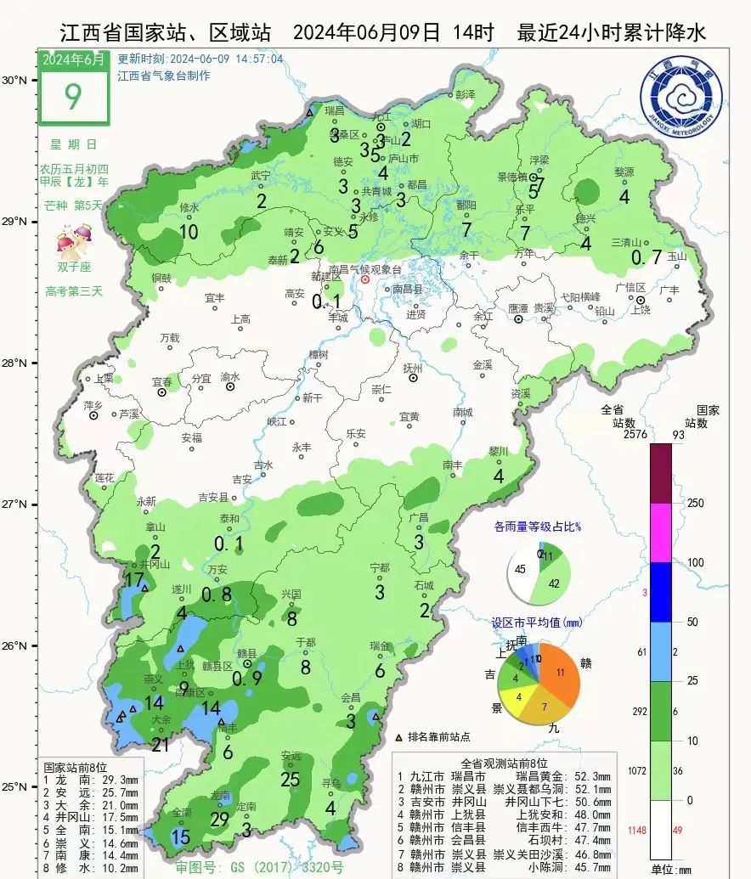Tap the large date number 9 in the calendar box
coord(73,96)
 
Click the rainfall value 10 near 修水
coord(189,231)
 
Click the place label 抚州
coord(412,369)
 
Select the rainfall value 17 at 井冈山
coord(134,580)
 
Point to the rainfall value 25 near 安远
coord(291,780)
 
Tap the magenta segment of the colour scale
coord(660,532)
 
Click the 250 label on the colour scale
coord(696,504)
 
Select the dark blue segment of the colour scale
coord(660,592)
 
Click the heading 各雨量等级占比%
coord(537,527)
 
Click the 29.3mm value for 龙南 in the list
coord(118,779)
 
